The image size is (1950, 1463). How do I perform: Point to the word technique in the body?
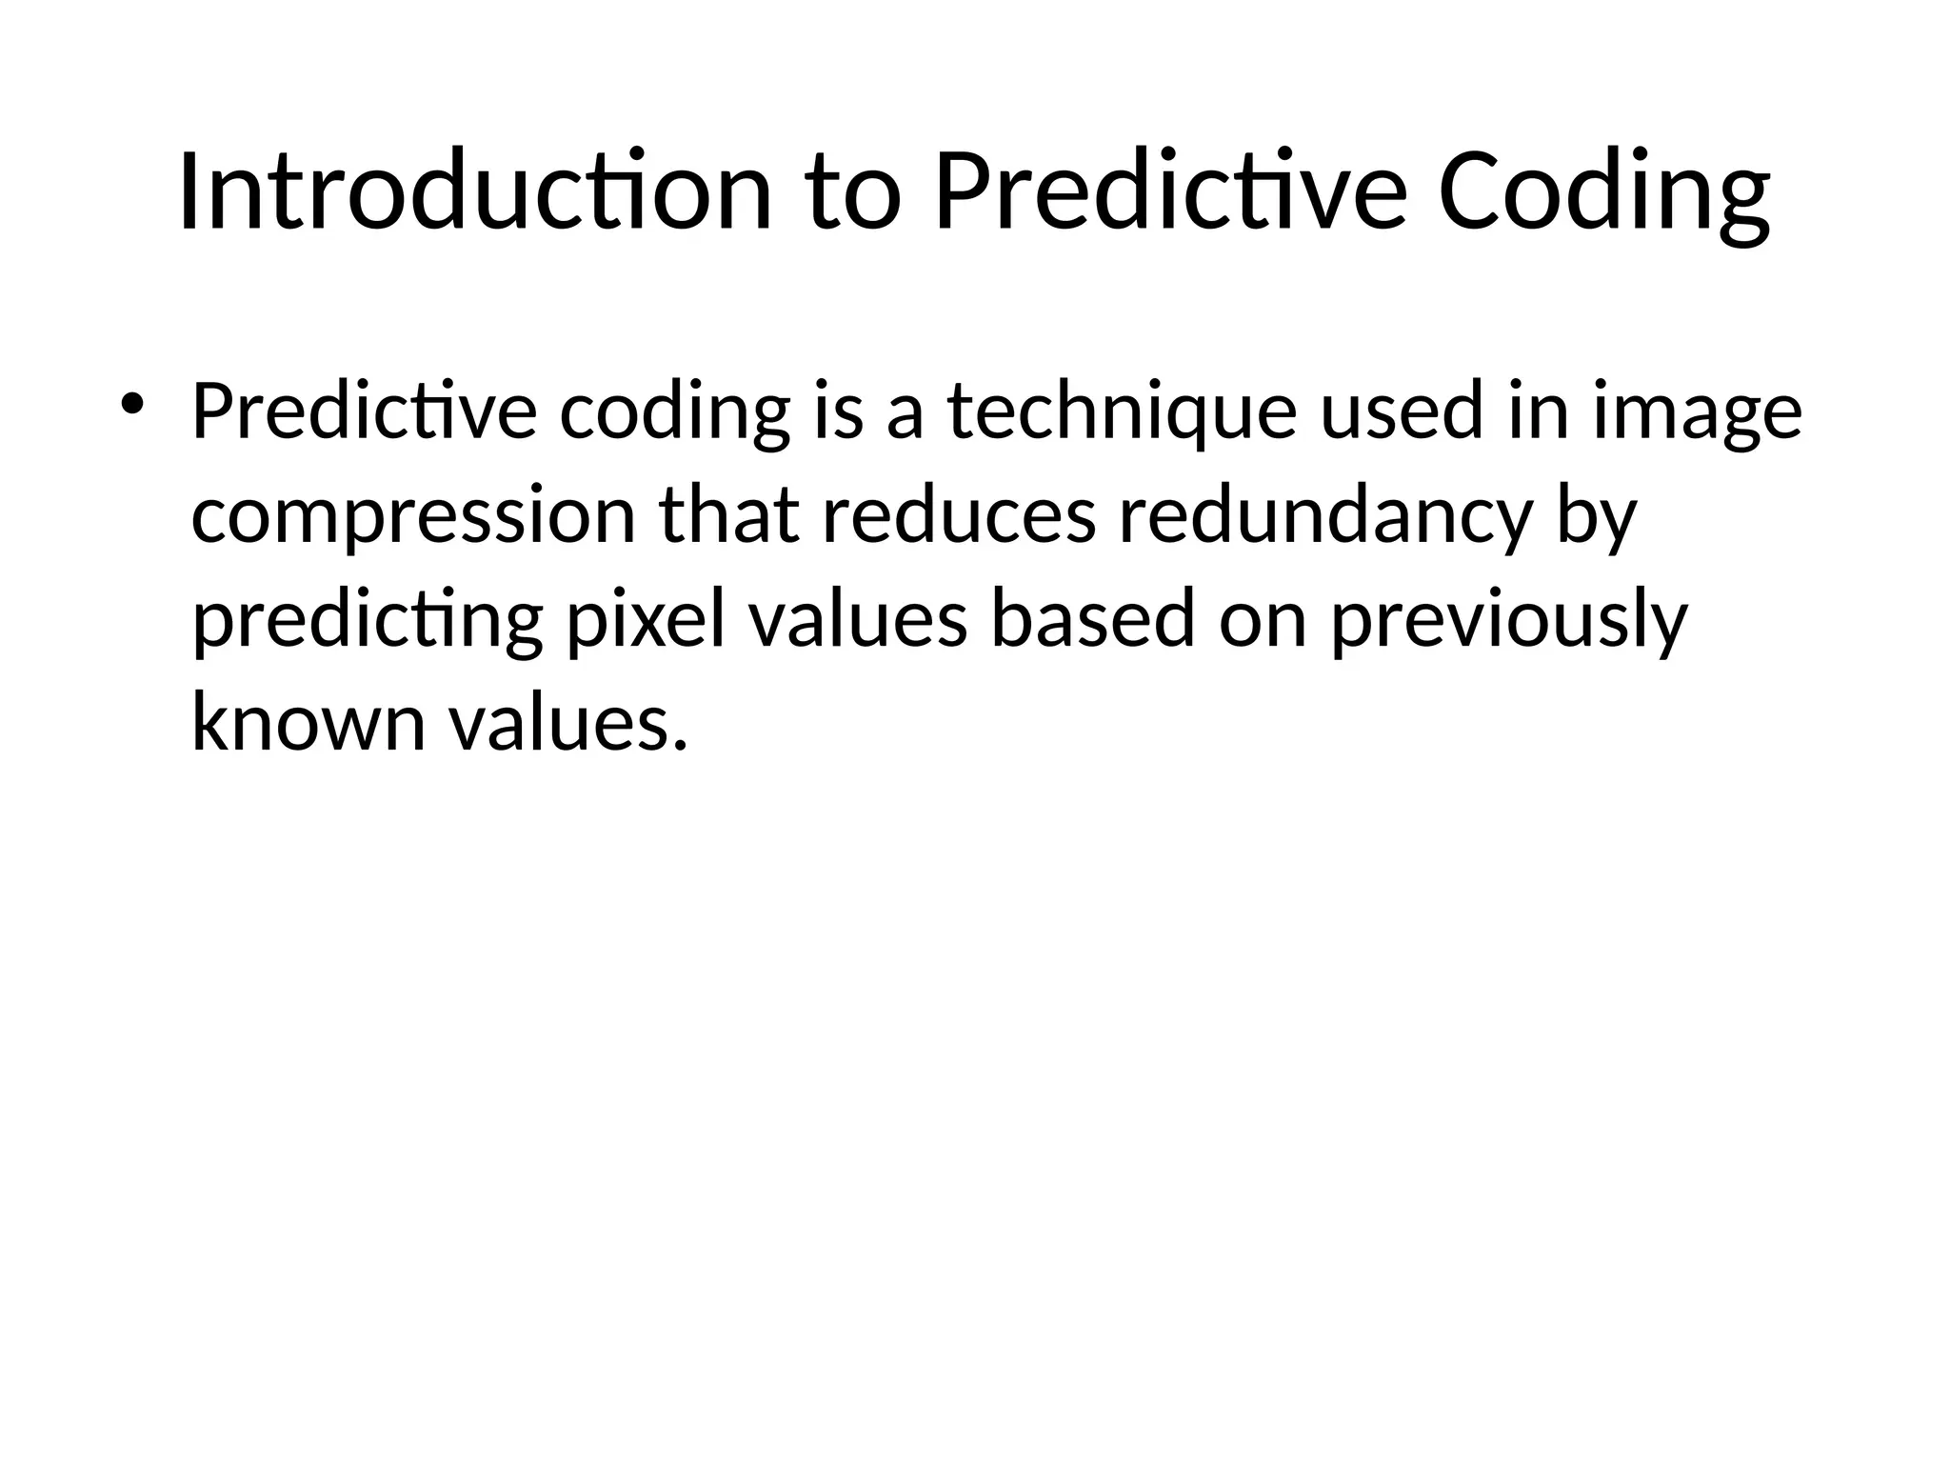pyautogui.click(x=1122, y=412)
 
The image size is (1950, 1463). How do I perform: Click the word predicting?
pyautogui.click(x=367, y=620)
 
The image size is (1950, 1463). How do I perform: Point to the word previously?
pyautogui.click(x=1508, y=620)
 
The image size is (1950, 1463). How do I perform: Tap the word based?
pyautogui.click(x=1092, y=620)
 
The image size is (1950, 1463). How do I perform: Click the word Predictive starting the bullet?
pyautogui.click(x=364, y=412)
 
